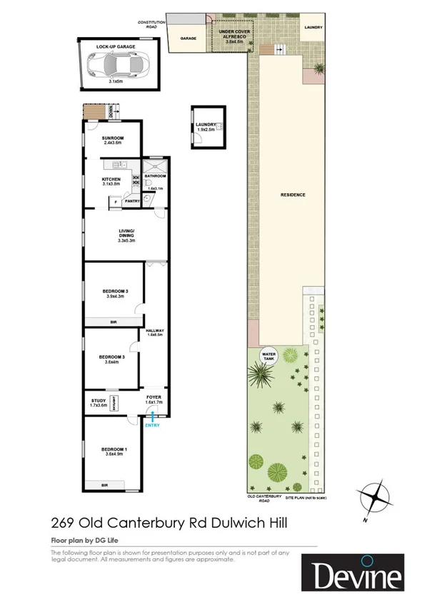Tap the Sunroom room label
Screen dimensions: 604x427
pyautogui.click(x=113, y=138)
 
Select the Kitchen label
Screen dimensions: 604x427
pyautogui.click(x=111, y=179)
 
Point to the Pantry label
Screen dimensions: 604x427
pyautogui.click(x=132, y=201)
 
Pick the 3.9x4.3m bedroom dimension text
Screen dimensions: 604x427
pyautogui.click(x=114, y=296)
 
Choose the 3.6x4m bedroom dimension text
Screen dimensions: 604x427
pyautogui.click(x=112, y=362)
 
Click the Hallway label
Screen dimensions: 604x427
pyautogui.click(x=155, y=330)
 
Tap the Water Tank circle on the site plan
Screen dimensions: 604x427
pyautogui.click(x=269, y=355)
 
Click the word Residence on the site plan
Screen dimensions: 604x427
pyautogui.click(x=293, y=195)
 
